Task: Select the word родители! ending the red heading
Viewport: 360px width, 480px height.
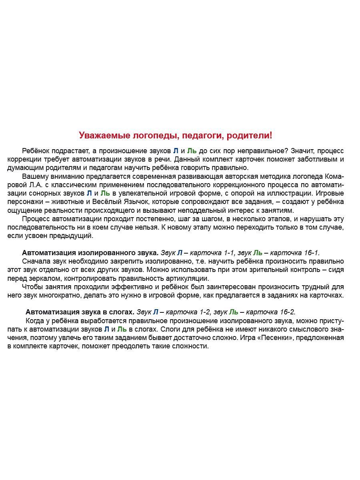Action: coord(249,136)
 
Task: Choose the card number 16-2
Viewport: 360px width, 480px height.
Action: coord(287,312)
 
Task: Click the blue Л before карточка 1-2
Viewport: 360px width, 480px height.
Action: coord(156,312)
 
